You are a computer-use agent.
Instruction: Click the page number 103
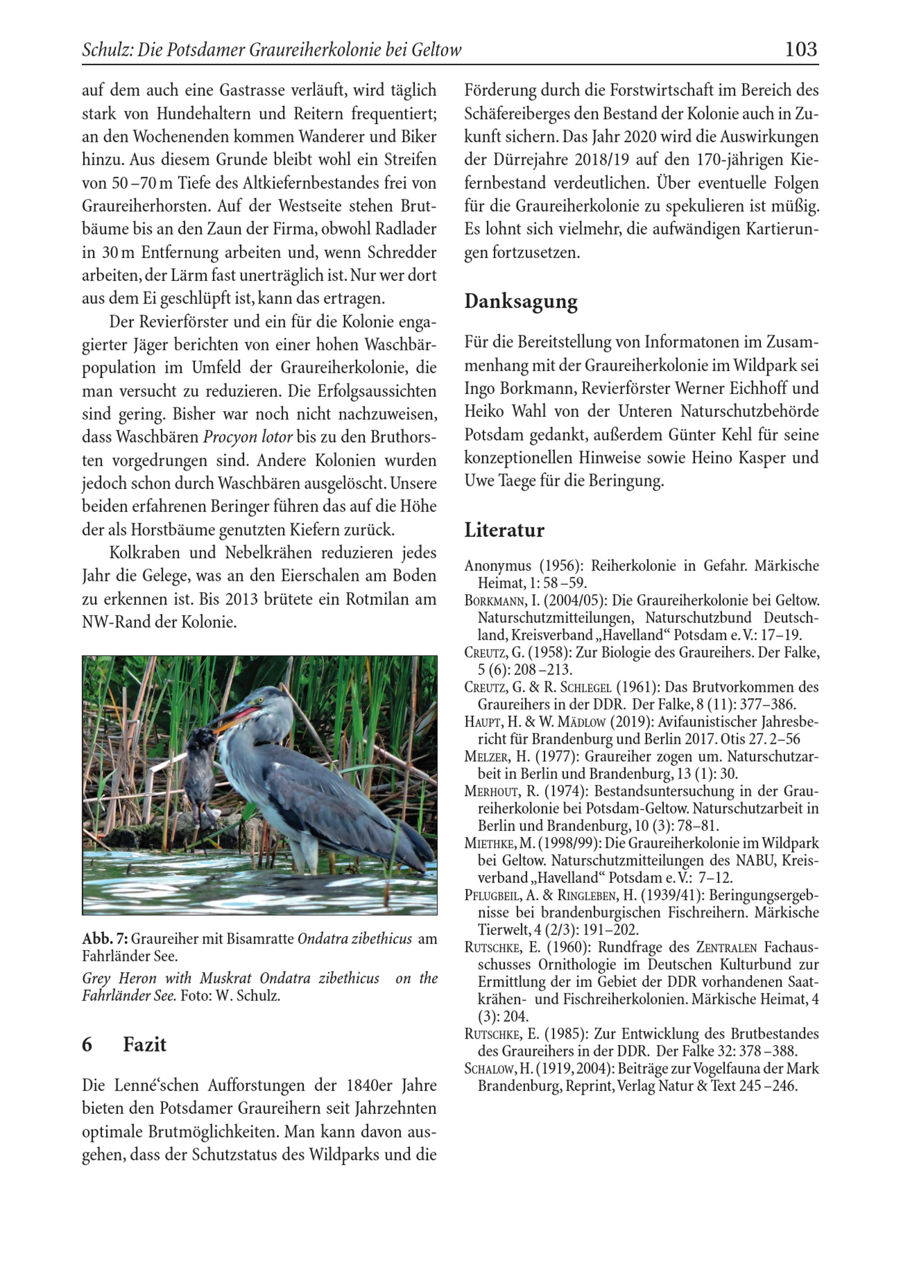801,50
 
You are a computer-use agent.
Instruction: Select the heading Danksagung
520,302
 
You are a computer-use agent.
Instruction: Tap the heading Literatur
504,530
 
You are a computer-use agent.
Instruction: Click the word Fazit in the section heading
144,1044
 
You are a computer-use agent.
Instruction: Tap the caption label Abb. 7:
105,938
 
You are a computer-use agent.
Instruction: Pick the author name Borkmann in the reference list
495,601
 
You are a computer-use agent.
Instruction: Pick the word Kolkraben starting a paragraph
145,553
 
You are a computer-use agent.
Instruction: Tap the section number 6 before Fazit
87,1044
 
